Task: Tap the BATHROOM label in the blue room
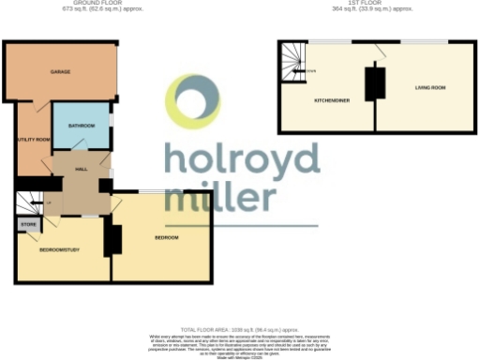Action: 81,124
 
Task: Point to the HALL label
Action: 82,169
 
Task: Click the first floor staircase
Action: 294,62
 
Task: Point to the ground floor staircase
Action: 27,202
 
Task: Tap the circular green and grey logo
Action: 194,101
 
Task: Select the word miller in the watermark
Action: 220,199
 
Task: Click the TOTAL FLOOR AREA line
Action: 239,330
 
